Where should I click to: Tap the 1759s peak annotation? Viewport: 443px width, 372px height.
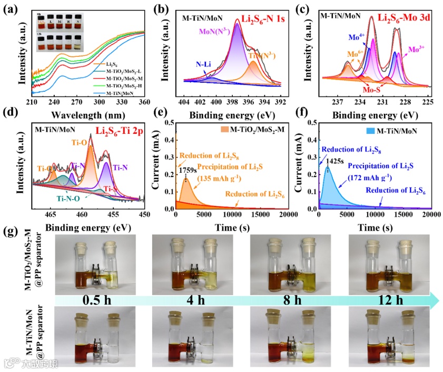[x=188, y=171]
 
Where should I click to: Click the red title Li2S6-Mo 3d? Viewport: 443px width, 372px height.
[x=406, y=17]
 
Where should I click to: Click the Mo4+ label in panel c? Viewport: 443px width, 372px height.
[x=355, y=38]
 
